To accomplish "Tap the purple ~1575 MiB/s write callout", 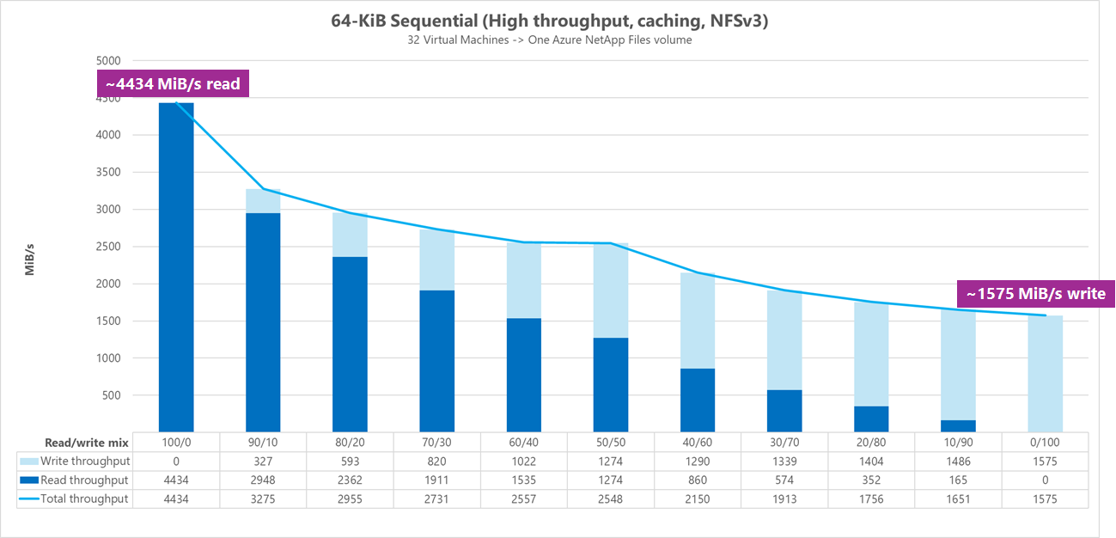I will point(1035,294).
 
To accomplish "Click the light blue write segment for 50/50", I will point(610,290).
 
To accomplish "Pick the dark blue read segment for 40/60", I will point(697,400).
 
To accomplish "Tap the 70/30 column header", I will point(436,443).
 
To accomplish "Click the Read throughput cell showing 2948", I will point(262,480).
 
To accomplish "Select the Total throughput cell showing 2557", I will point(523,498).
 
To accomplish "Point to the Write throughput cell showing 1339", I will point(784,462).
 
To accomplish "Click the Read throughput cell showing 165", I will point(958,480).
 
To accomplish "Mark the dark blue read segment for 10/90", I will point(958,425).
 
